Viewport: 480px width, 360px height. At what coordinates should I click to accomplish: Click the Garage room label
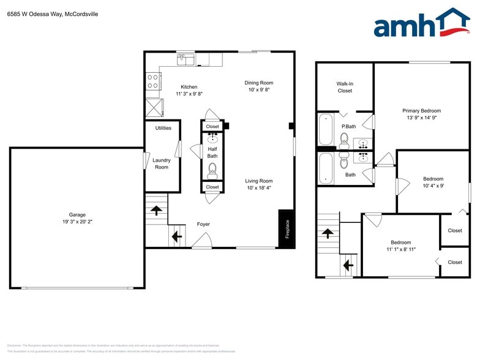[x=77, y=215]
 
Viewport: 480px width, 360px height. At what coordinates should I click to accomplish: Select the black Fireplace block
[x=287, y=229]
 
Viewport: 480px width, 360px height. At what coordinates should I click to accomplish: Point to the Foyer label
[x=203, y=224]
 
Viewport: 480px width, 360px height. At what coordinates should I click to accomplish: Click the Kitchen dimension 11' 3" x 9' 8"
[x=189, y=94]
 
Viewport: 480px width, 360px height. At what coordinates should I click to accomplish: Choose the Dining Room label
[x=258, y=83]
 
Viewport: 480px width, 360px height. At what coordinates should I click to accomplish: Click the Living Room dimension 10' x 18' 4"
[x=258, y=188]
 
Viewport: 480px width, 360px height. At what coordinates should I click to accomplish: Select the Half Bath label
[x=212, y=152]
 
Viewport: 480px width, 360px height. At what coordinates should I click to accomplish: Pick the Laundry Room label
[x=162, y=163]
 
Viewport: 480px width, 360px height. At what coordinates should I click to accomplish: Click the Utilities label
[x=163, y=128]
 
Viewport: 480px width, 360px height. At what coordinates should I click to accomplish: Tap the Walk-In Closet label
[x=345, y=87]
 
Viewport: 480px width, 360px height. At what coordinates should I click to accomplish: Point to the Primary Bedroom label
[x=421, y=111]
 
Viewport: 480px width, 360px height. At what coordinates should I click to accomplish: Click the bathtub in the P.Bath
[x=325, y=129]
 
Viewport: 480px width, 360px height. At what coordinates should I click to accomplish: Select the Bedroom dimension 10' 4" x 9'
[x=433, y=186]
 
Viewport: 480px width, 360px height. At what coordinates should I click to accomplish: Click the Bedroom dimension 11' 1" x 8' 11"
[x=401, y=249]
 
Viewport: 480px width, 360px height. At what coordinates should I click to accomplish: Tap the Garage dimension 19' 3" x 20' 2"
[x=77, y=222]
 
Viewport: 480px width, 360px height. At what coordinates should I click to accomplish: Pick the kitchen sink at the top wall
[x=186, y=59]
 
